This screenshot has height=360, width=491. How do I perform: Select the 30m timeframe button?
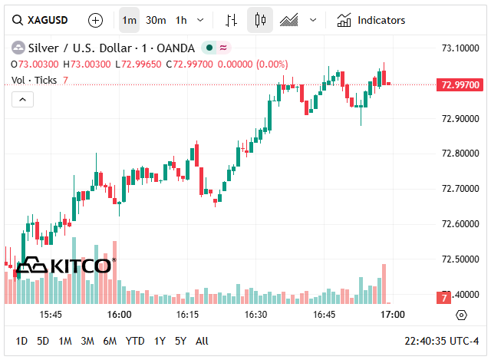156,20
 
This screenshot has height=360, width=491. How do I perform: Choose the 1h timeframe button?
181,20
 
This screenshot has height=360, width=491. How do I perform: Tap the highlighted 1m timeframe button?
130,20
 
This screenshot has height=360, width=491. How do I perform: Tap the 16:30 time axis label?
255,315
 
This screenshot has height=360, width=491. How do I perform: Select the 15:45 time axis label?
51,315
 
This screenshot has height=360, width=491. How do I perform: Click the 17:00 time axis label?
393,315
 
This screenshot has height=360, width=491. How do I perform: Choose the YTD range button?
135,341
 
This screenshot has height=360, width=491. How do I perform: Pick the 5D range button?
43,341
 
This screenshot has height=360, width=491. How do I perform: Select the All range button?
202,341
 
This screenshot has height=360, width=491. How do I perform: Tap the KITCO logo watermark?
64,266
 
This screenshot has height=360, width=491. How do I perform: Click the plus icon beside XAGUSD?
95,20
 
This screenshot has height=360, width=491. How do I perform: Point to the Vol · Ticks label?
35,80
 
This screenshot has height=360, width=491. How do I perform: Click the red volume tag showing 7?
443,297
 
